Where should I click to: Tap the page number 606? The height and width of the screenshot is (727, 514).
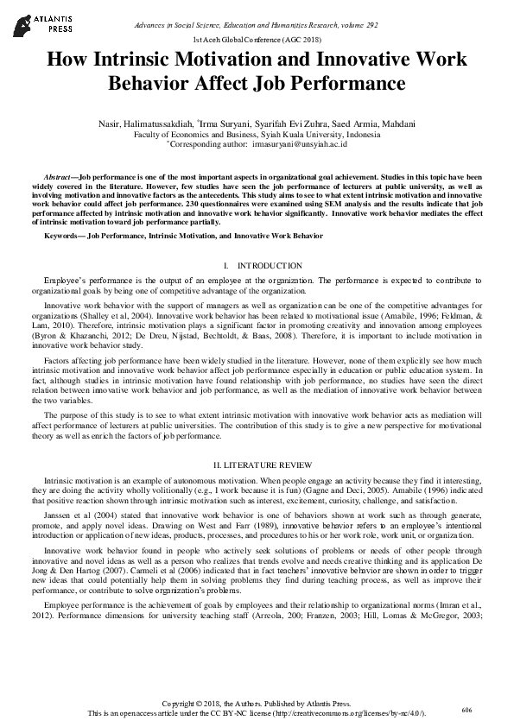[466, 710]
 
